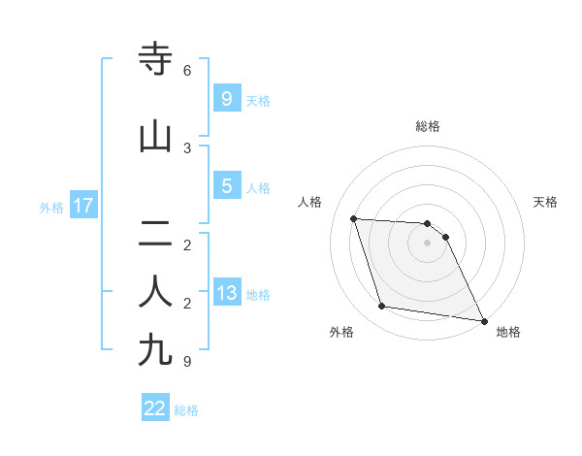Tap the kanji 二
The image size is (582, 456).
156,233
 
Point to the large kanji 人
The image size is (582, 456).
156,290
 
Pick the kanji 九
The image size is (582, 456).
156,349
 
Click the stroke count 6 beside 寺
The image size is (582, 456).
187,71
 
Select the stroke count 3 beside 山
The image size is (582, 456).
187,148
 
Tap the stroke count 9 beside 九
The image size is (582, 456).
187,361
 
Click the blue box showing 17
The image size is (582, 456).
82,207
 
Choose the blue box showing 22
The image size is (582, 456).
155,408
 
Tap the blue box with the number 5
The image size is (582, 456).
227,187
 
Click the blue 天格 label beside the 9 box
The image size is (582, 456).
258,101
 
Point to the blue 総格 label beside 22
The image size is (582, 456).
186,410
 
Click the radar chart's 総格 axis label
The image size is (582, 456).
428,126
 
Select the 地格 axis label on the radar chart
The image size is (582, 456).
508,332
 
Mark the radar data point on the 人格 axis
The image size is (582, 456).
354,218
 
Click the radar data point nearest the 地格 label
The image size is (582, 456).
483,320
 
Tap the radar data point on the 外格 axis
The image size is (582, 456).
382,307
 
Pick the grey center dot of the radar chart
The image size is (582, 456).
428,243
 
